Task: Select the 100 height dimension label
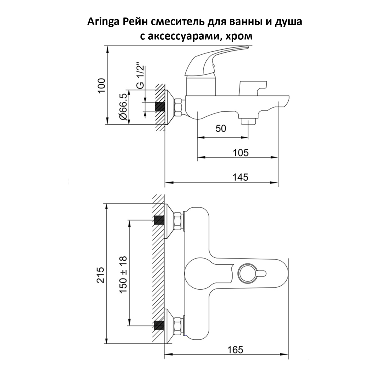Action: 101,86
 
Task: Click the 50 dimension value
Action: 220,128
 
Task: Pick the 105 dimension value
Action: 240,152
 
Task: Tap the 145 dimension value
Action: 240,177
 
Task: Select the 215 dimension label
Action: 101,275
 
